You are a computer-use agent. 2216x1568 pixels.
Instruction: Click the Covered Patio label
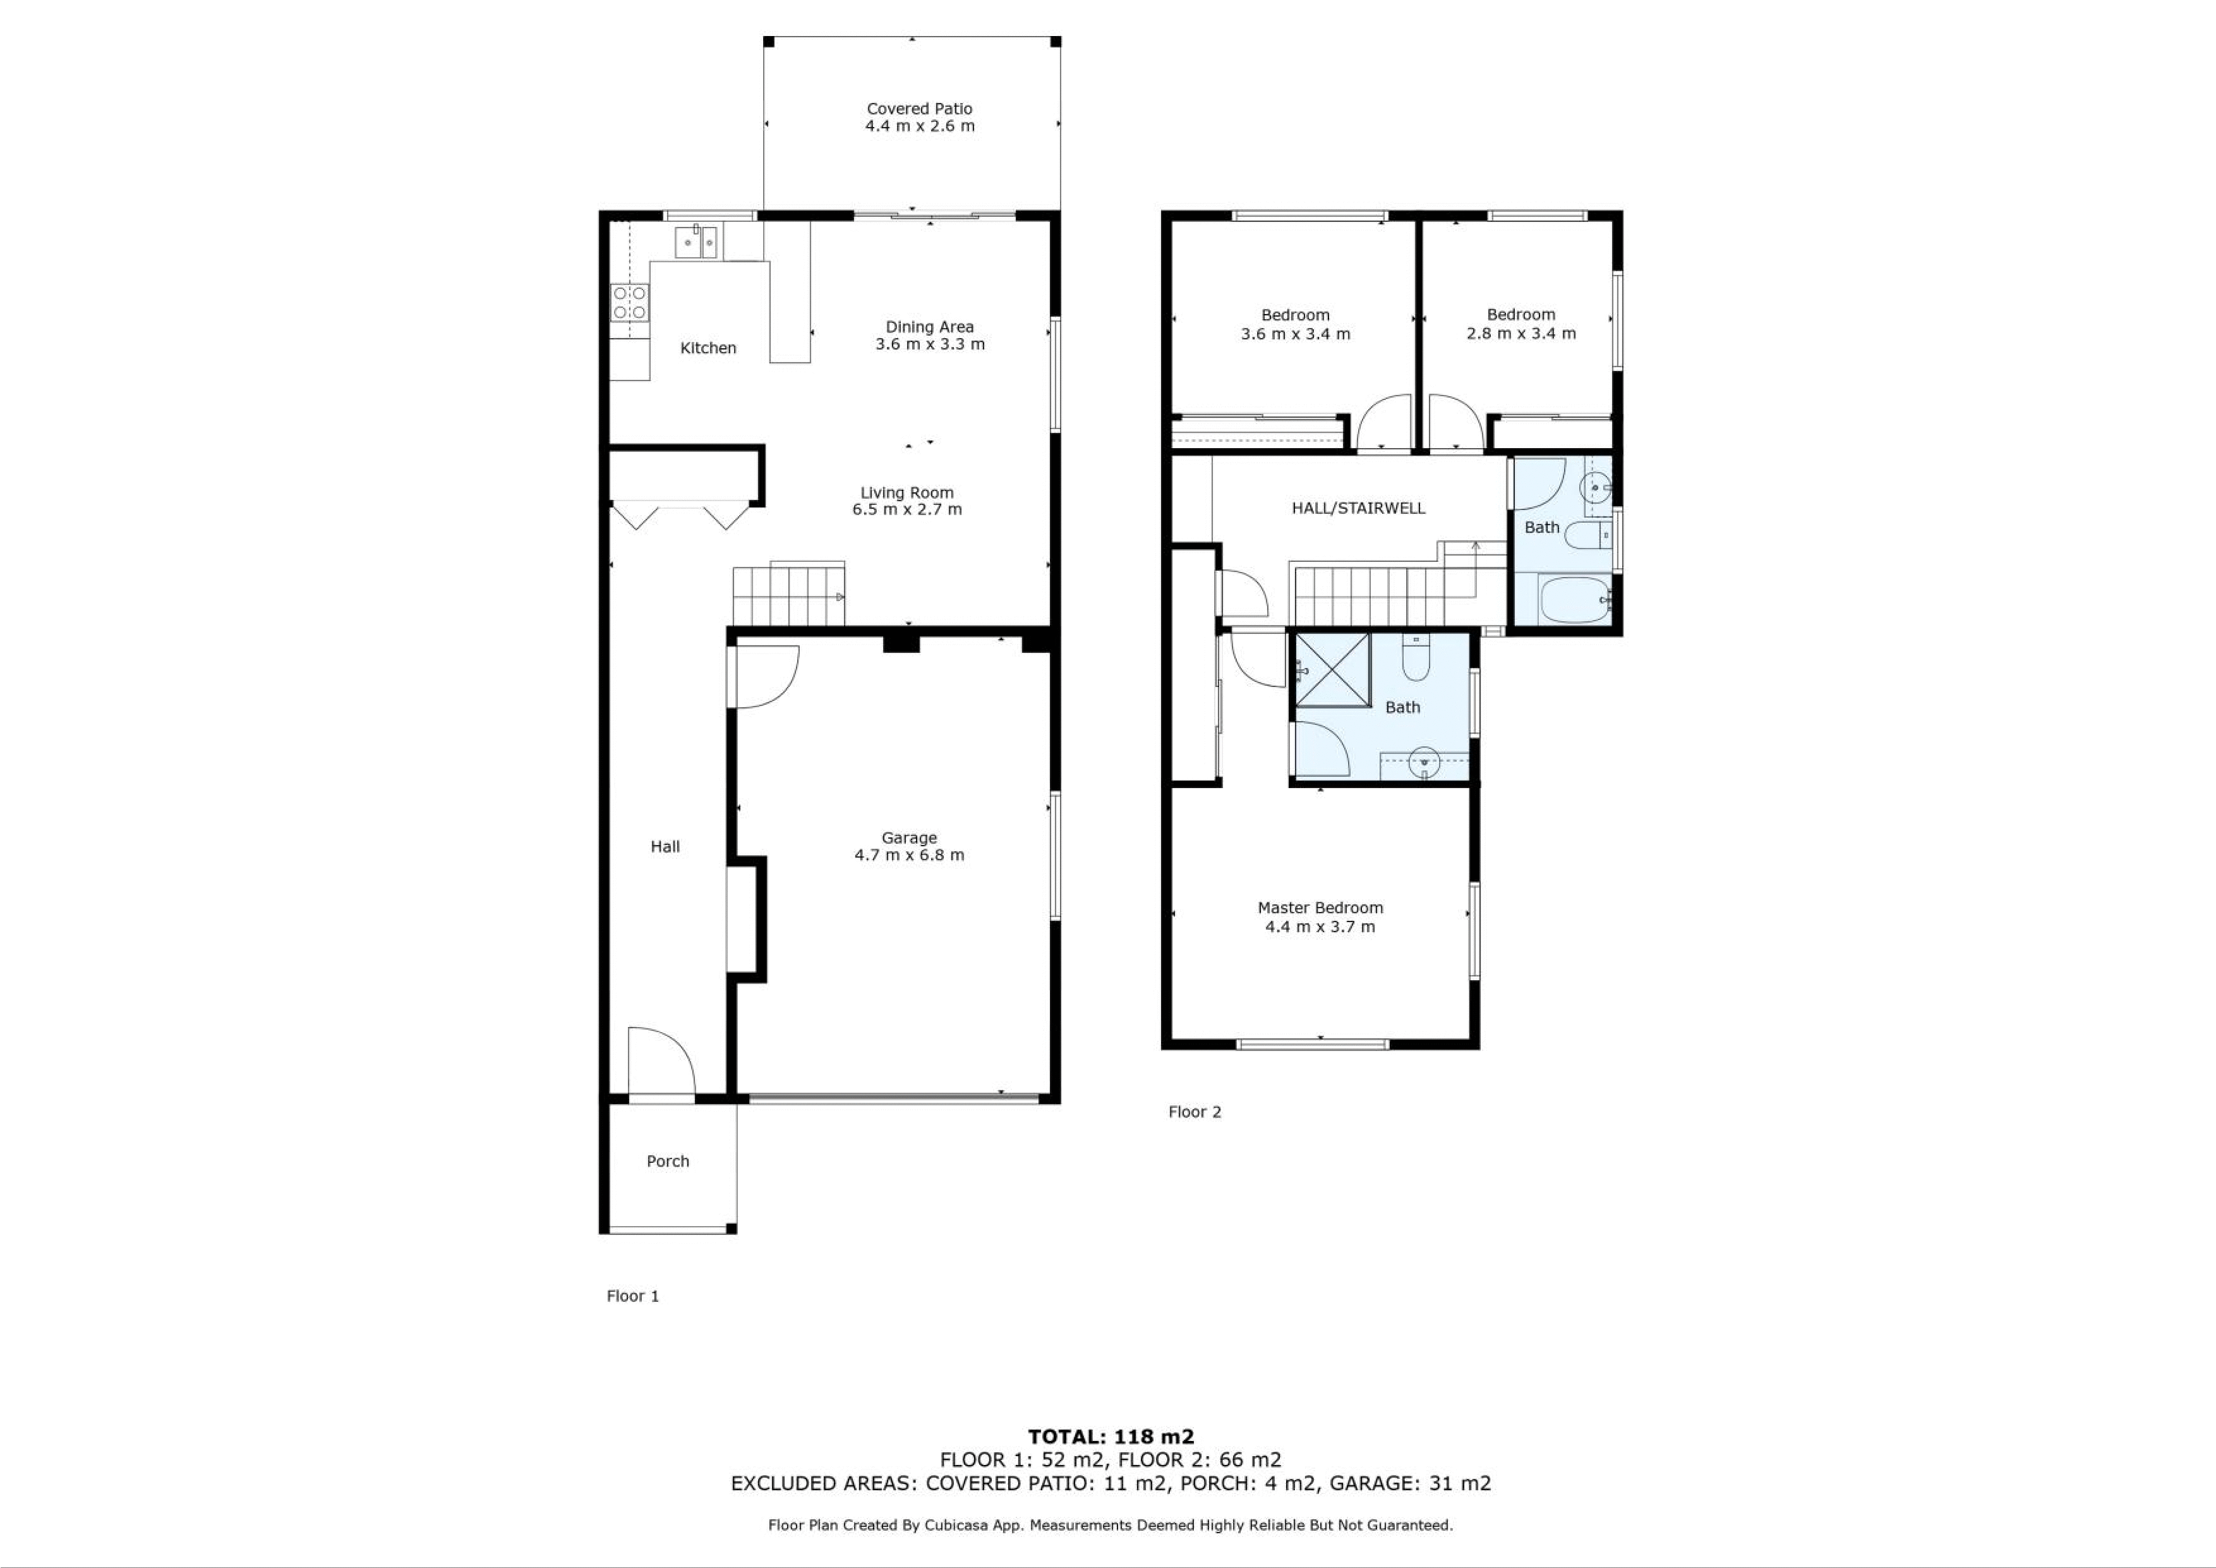point(919,109)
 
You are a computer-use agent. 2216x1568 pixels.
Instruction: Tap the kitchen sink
point(696,241)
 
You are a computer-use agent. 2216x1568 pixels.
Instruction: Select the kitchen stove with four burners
point(629,302)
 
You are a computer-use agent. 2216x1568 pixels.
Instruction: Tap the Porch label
point(668,1162)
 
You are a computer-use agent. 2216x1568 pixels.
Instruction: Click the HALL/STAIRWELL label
point(1358,508)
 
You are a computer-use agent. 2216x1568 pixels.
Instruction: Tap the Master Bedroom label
point(1320,908)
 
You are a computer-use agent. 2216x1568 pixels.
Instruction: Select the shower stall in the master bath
point(1332,670)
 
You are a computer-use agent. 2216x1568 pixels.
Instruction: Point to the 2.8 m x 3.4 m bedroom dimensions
point(1521,334)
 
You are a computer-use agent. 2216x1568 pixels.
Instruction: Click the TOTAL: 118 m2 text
point(1111,1437)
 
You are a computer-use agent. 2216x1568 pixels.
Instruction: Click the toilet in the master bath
point(1416,659)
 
